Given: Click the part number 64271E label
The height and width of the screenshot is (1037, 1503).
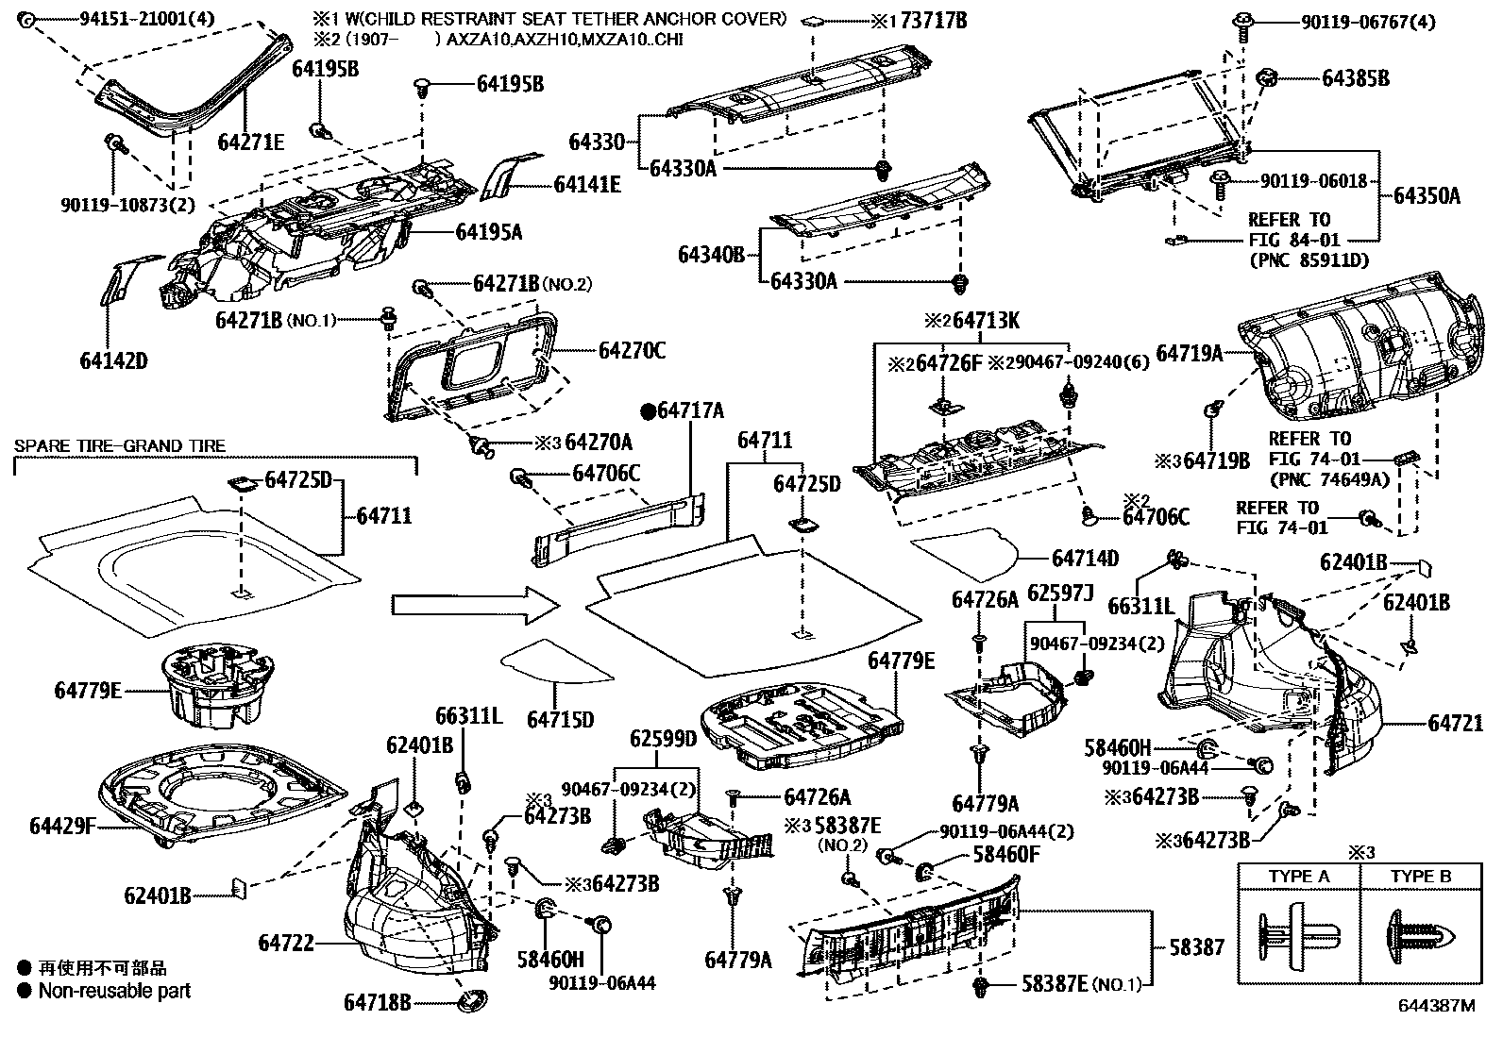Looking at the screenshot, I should click(250, 142).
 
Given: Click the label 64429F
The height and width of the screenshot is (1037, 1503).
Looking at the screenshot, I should click(62, 827).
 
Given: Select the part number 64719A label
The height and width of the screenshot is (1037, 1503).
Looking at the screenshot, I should click(1190, 354).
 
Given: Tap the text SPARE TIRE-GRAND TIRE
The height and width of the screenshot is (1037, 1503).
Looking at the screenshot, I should click(119, 445).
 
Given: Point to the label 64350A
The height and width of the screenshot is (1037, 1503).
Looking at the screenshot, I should click(1427, 196).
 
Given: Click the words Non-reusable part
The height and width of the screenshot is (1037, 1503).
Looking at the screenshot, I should click(114, 991).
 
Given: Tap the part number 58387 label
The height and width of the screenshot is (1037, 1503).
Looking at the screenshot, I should click(1196, 947).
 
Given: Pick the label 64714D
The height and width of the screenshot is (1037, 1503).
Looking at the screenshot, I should click(1085, 559).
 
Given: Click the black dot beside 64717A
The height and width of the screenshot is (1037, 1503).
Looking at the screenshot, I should click(649, 410).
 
